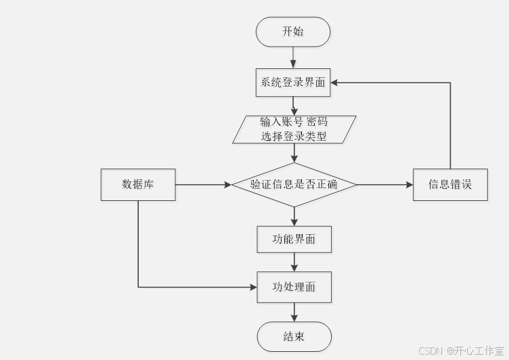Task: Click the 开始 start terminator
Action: point(293,32)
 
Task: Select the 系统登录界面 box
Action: point(293,83)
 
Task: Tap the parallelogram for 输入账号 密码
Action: point(294,129)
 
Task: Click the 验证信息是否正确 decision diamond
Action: point(294,184)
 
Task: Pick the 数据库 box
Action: point(138,184)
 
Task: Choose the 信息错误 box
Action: point(450,184)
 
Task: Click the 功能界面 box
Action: point(294,239)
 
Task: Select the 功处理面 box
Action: point(294,287)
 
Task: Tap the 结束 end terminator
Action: point(294,336)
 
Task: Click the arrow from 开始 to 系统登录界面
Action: point(294,58)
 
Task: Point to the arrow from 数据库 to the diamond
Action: point(203,184)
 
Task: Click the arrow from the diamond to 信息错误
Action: point(384,184)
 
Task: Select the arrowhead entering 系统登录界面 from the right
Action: point(336,83)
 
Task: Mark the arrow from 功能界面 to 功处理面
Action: point(294,262)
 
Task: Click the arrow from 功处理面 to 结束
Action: point(294,312)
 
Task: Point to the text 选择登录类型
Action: point(294,136)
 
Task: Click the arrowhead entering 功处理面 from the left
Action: point(252,287)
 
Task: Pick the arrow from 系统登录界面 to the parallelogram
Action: point(294,106)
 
